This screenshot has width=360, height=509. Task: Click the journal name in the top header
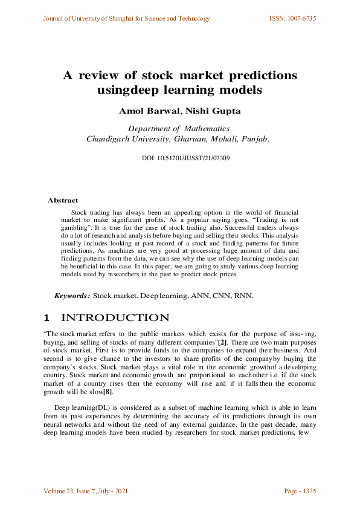tap(126, 19)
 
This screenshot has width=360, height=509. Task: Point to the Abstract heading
tap(63, 200)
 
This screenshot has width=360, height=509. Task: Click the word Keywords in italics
tap(72, 296)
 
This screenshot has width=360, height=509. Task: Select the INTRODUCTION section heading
tap(115, 318)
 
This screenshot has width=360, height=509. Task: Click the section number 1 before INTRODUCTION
tap(47, 318)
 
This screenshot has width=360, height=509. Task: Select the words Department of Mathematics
tap(179, 128)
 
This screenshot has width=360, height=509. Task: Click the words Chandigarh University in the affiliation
tap(124, 138)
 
